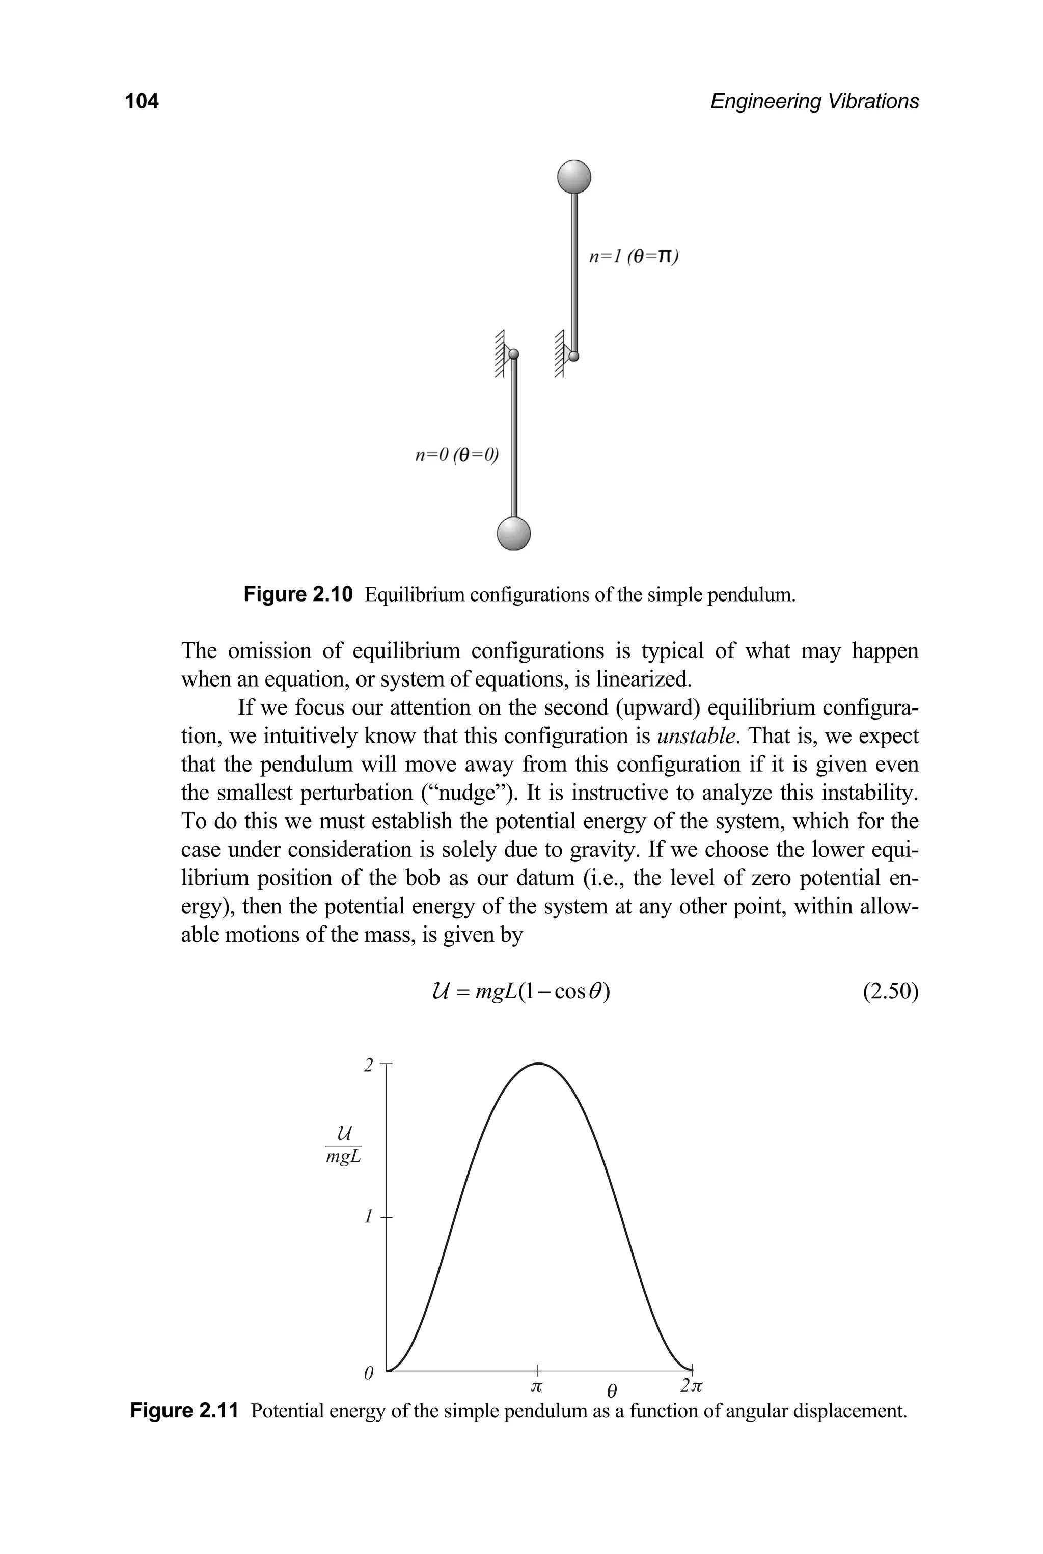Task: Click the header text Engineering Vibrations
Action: (x=814, y=101)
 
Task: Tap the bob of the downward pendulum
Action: (x=513, y=533)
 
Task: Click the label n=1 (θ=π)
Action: (x=633, y=257)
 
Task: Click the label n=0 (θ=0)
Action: (x=456, y=456)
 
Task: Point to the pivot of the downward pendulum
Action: (x=513, y=355)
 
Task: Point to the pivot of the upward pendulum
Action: (x=574, y=356)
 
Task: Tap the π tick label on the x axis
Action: (x=537, y=1386)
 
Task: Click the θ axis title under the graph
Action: (x=612, y=1391)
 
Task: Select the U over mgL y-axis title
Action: (x=343, y=1146)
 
